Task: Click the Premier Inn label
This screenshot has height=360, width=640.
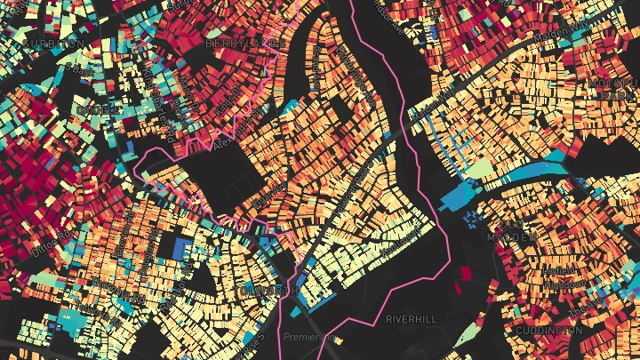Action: [x=308, y=338]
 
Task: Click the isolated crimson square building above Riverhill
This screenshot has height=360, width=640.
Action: [x=465, y=274]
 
